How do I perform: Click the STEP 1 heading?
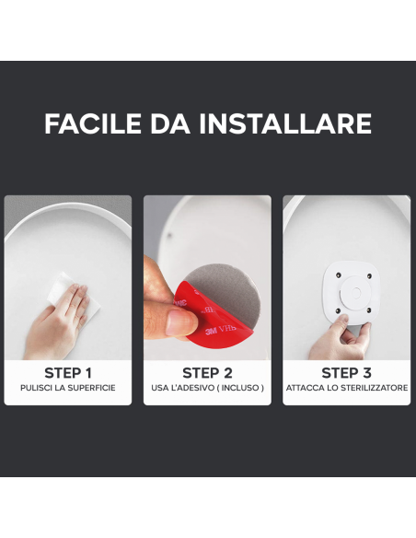coord(68,373)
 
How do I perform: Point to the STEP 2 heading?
coord(207,373)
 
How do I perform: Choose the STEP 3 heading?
coord(346,373)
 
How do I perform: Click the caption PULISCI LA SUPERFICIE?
coord(68,389)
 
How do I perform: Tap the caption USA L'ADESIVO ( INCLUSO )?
coord(207,389)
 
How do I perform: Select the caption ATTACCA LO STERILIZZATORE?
coord(346,389)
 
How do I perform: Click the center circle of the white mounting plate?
coord(352,293)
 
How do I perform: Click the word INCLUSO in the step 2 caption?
coord(242,389)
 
